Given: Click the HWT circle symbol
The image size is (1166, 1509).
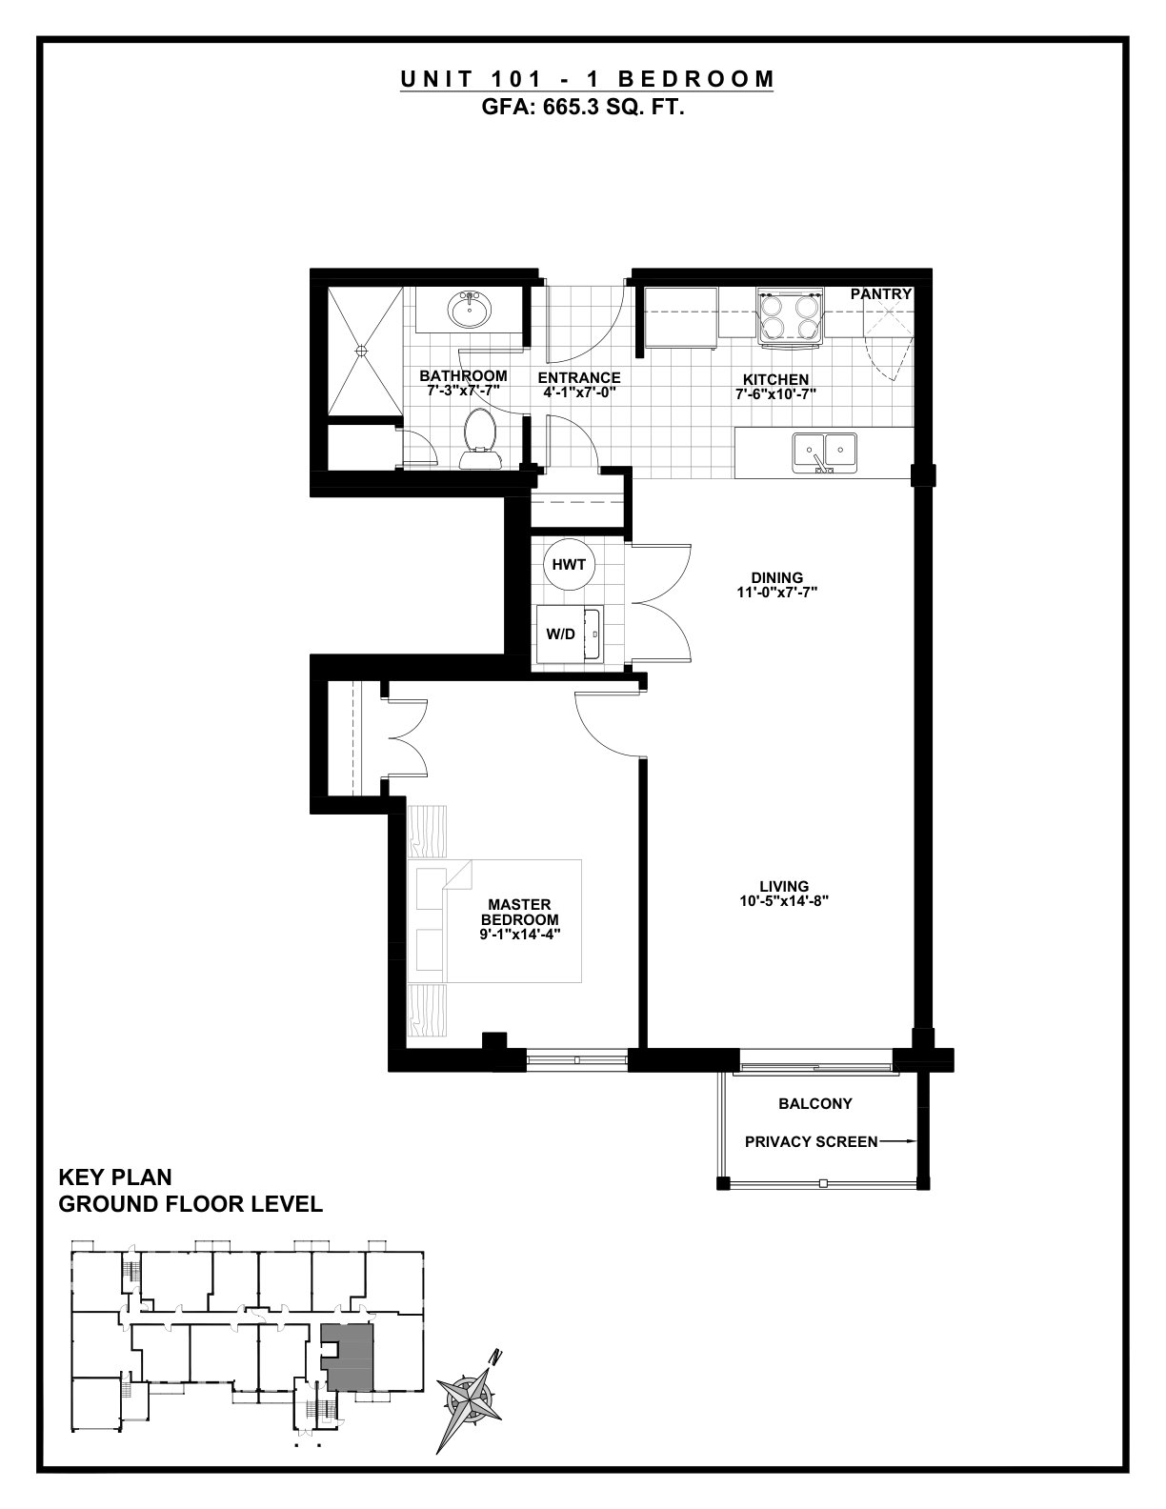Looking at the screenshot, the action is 569,565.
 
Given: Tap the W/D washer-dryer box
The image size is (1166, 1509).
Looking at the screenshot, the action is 570,634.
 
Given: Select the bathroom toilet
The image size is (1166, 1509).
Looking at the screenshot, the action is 480,438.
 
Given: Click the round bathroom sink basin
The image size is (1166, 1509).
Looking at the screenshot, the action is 470,309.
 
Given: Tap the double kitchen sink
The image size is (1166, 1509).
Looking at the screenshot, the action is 825,453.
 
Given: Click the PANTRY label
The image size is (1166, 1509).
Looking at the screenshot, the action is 880,294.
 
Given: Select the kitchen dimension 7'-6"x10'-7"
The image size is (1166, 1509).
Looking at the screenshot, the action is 775,394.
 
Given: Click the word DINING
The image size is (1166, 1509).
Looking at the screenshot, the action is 777,577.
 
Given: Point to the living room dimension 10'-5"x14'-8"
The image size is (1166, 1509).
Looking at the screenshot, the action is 783,901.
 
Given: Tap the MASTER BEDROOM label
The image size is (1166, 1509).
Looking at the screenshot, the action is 519,912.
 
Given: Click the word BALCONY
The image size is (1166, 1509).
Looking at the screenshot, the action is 815,1103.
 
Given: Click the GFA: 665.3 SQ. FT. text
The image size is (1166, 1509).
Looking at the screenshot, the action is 583,108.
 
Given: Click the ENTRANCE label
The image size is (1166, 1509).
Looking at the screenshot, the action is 579,378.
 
